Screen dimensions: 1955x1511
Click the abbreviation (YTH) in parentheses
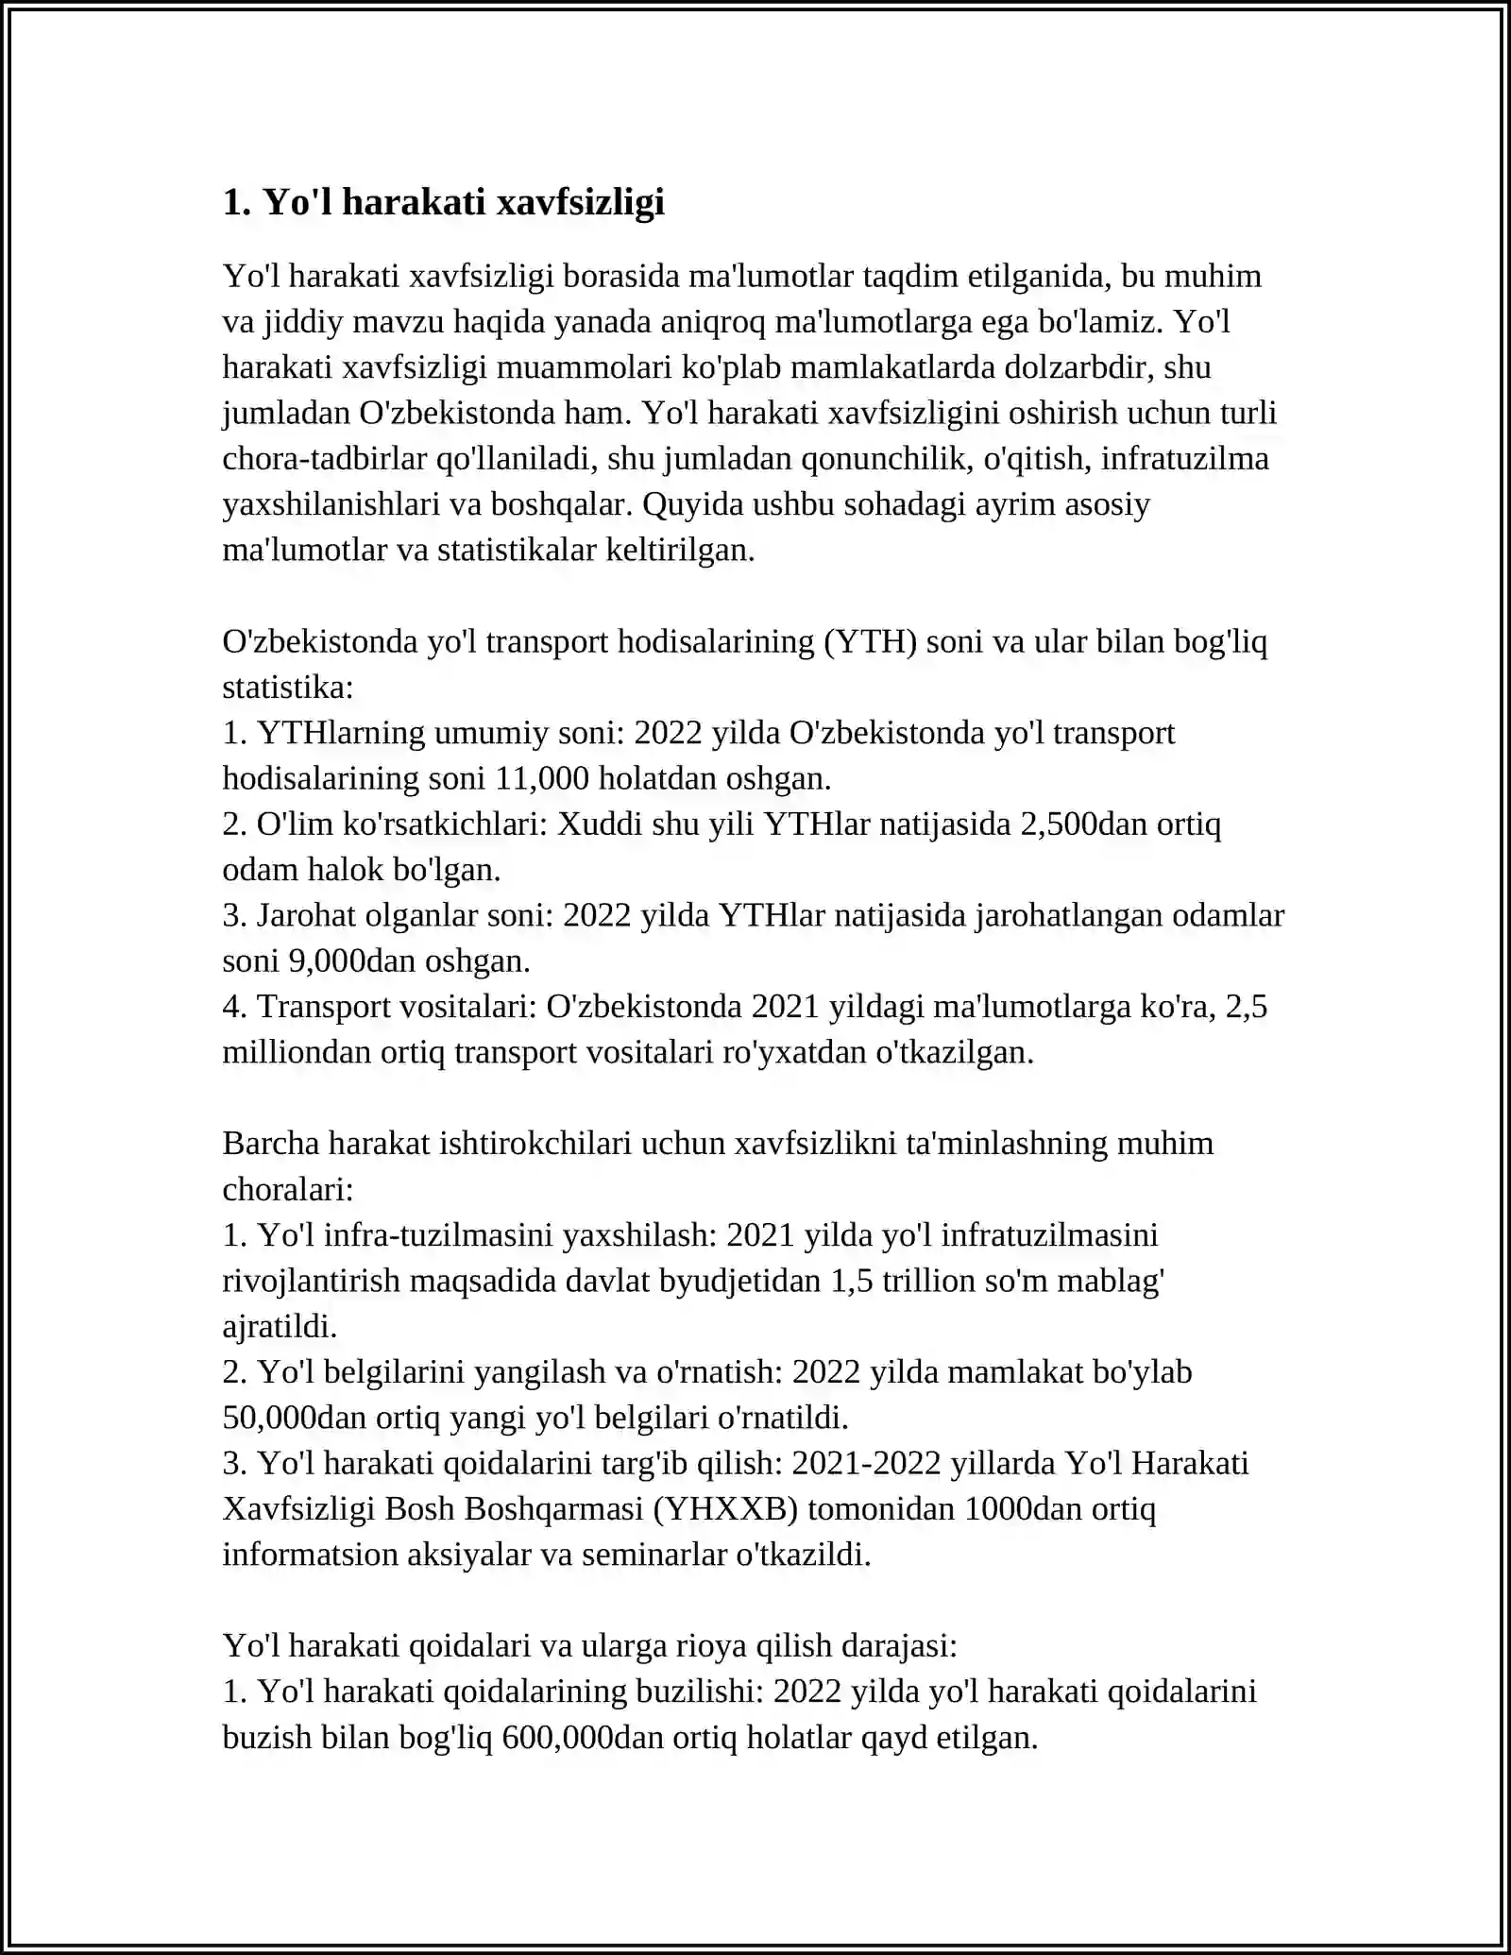[x=870, y=642]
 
